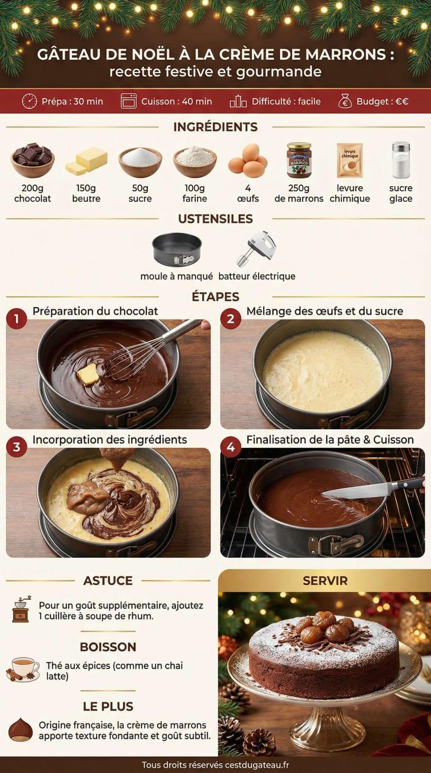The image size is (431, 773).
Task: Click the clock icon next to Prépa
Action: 29,101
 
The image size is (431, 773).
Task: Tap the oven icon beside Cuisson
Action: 128,101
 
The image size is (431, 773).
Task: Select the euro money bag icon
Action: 345,101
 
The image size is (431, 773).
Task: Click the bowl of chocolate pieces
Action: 32,159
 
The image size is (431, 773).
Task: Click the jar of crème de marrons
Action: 299,160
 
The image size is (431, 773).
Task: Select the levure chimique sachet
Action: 350,160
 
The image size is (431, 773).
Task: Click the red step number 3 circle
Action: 16,447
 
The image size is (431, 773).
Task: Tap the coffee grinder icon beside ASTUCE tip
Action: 21,610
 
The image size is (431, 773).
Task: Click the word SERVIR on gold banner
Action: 325,581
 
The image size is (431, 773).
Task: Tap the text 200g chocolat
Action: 32,193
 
